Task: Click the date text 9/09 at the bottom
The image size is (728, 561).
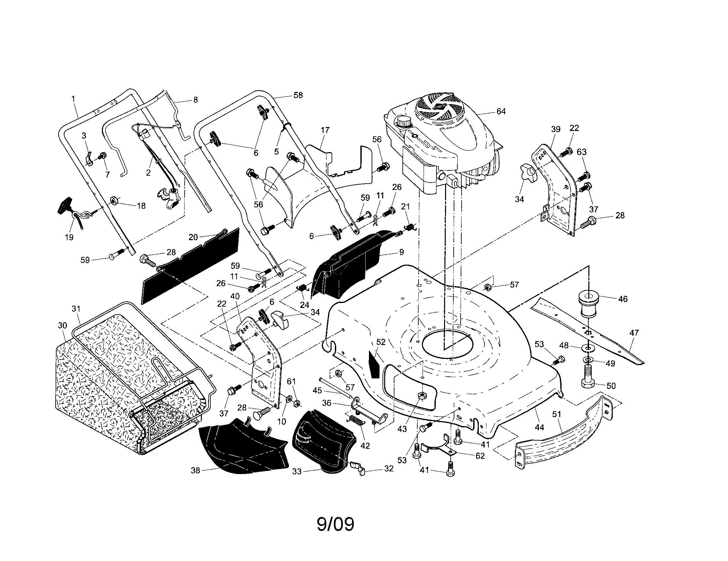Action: tap(335, 524)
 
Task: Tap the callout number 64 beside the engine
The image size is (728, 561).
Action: tap(501, 111)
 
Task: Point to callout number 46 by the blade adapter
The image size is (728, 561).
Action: tap(623, 299)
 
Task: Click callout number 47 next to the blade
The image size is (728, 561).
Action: tap(634, 332)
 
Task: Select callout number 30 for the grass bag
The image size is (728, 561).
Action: tap(63, 325)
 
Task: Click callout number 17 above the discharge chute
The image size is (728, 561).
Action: tap(325, 130)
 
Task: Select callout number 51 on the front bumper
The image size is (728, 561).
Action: tap(557, 414)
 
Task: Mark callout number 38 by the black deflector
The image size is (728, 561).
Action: tap(195, 471)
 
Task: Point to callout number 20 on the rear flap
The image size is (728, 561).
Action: tap(193, 237)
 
